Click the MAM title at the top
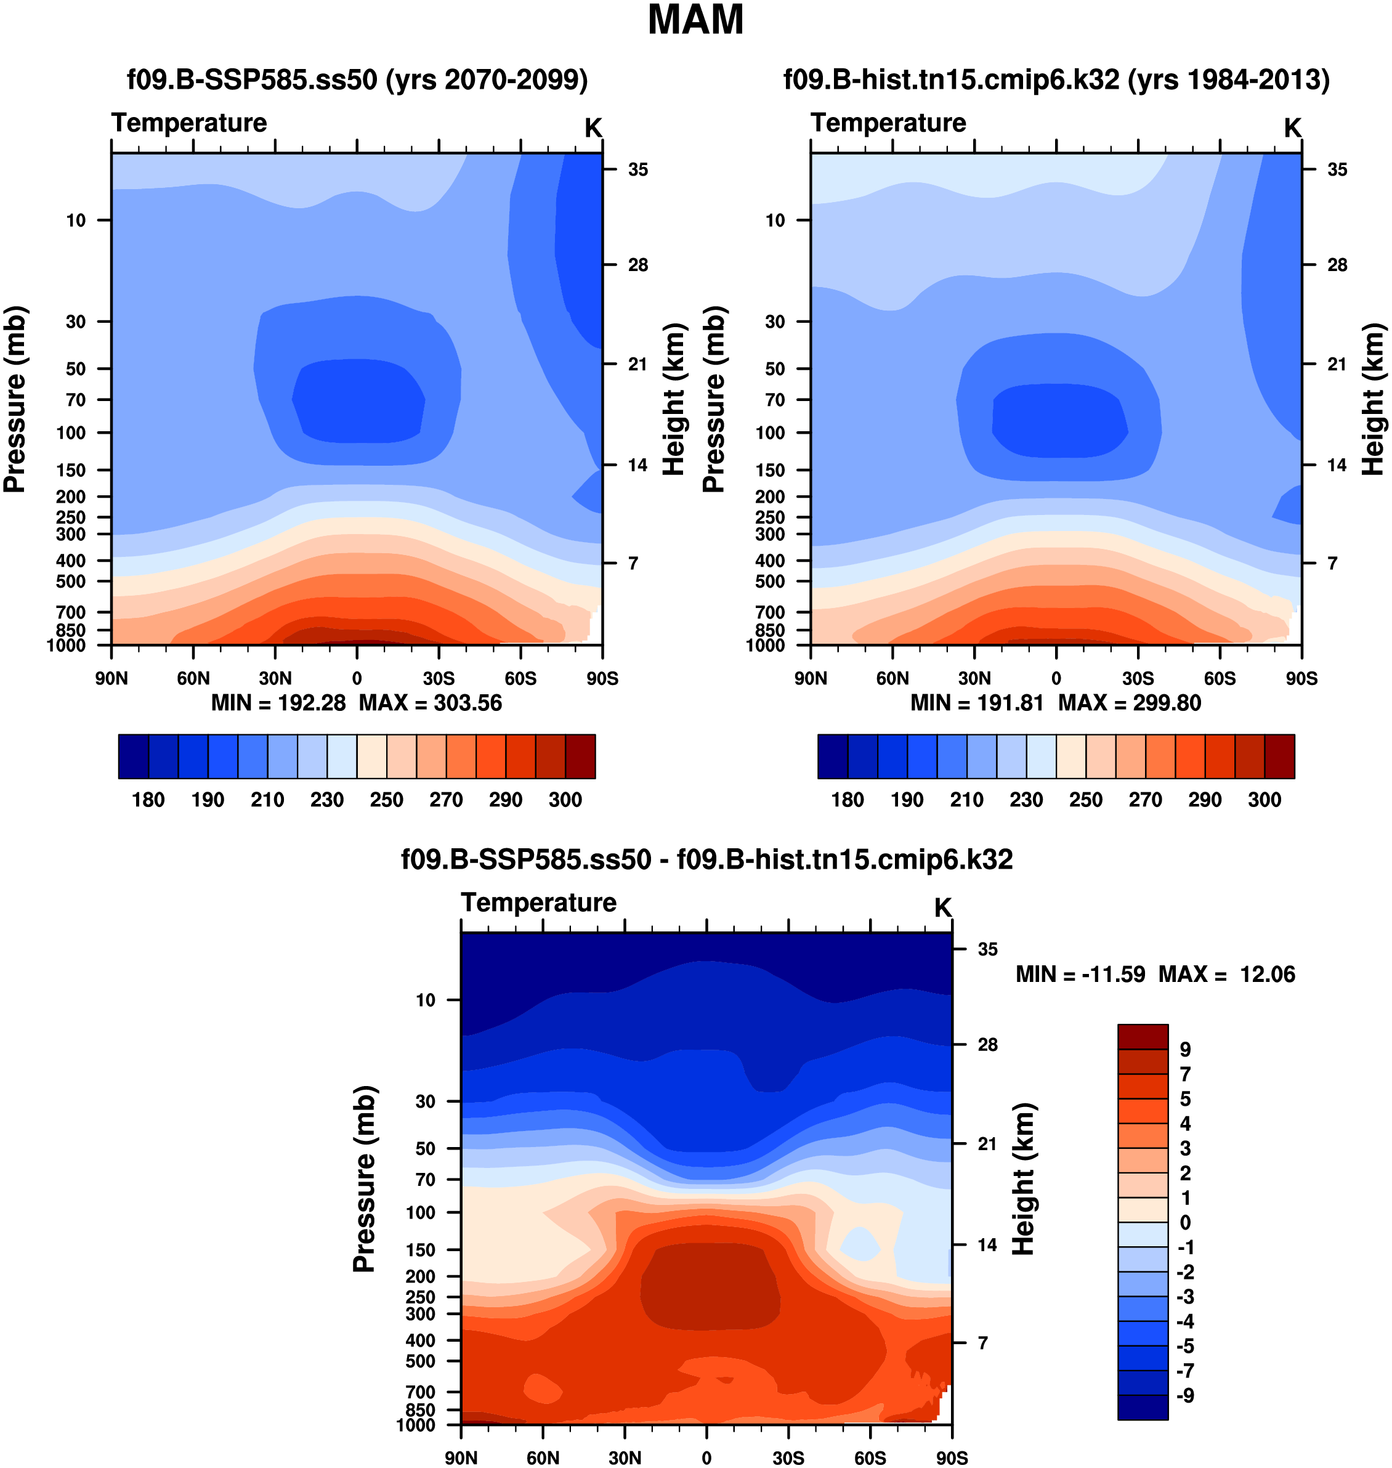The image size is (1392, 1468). point(695,20)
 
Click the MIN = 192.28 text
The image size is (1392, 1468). point(278,703)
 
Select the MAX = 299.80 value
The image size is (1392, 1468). point(1130,703)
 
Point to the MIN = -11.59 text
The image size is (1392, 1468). point(1080,974)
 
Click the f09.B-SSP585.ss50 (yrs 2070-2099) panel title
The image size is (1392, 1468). point(357,79)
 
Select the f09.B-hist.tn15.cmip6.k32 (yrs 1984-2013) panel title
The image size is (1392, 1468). point(1056,79)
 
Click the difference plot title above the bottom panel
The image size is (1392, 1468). point(706,859)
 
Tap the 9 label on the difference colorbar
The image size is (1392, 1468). point(1185,1050)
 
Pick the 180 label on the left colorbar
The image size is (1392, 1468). point(148,800)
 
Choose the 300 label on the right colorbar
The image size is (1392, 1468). point(1265,800)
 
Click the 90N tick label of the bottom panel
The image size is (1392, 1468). point(461,1458)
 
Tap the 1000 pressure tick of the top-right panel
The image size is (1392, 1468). point(766,645)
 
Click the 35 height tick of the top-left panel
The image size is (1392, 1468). point(637,170)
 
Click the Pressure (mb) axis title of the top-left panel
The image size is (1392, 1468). point(15,399)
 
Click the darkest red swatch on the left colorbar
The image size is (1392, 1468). point(580,756)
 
